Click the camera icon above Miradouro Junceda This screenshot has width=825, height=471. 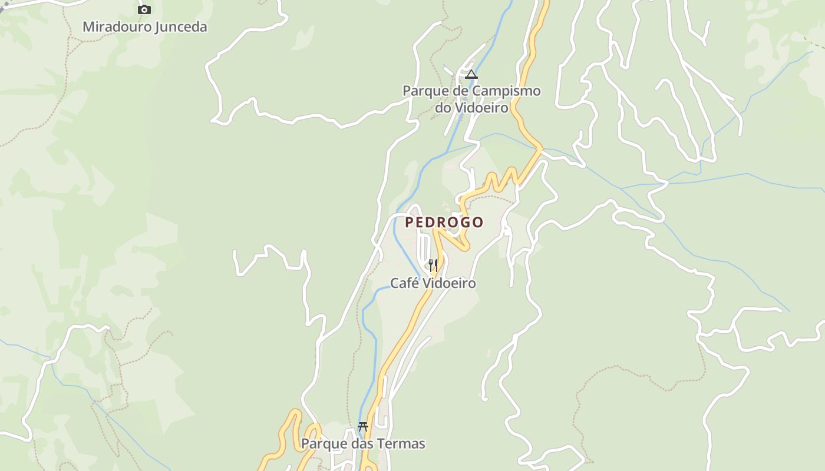point(144,9)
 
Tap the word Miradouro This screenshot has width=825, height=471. point(117,26)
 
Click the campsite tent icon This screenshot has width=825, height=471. point(471,75)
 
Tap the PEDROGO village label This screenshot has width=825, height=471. point(444,222)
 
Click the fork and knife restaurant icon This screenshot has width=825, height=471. point(433,265)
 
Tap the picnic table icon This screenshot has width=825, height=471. point(363,427)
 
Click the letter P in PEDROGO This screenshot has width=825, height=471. point(410,222)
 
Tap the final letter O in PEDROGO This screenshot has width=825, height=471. point(478,222)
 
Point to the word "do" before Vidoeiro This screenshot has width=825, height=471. point(443,108)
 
